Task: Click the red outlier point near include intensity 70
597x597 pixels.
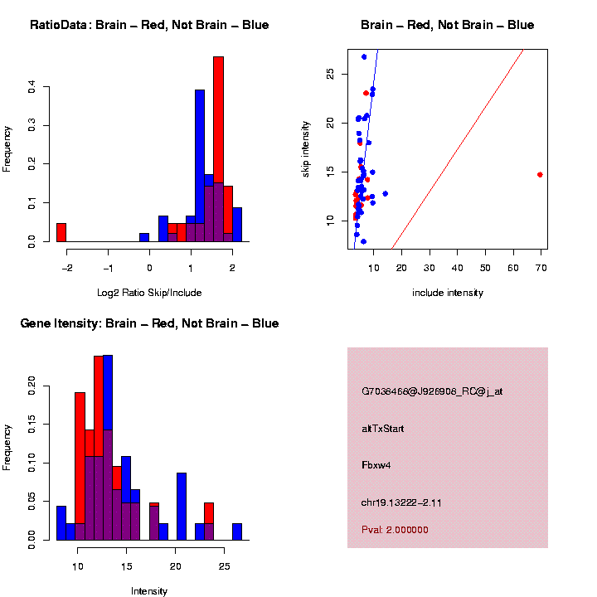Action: [x=541, y=175]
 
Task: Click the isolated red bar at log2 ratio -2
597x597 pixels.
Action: [x=61, y=232]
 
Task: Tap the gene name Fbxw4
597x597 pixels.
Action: [x=376, y=465]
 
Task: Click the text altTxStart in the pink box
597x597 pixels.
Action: [x=383, y=429]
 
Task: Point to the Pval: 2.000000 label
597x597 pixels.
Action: [x=395, y=530]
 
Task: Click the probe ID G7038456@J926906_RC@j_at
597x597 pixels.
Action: [x=432, y=391]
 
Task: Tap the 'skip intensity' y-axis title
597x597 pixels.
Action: [x=306, y=148]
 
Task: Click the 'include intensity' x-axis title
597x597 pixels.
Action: [x=447, y=293]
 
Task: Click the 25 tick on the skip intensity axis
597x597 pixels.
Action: [x=330, y=74]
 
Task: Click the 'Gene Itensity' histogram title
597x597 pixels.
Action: [x=149, y=323]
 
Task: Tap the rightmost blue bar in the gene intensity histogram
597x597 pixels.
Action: [x=237, y=531]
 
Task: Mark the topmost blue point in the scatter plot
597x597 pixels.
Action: [x=364, y=56]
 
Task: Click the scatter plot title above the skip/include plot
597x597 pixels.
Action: [x=447, y=25]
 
